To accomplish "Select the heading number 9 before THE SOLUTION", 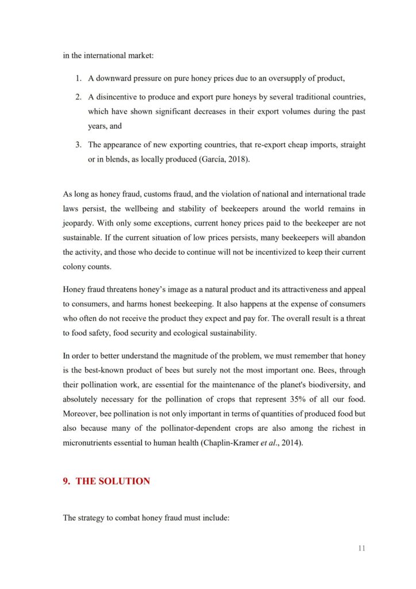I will click(x=66, y=481).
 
